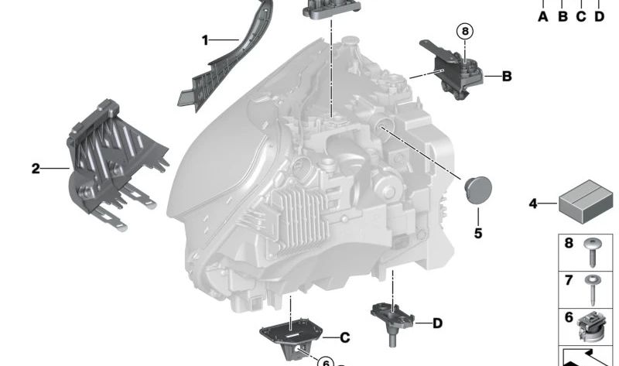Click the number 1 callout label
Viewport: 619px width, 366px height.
(x=205, y=39)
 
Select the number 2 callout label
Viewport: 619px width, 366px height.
(x=36, y=168)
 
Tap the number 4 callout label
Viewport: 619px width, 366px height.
(x=532, y=204)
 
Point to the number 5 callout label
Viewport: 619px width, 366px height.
(x=477, y=232)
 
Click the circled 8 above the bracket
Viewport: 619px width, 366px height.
(x=464, y=32)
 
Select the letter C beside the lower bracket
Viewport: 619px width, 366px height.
(x=345, y=337)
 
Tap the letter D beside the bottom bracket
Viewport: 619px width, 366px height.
(x=437, y=323)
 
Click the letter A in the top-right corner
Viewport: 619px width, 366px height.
(x=543, y=16)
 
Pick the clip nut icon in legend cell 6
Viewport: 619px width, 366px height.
(x=591, y=327)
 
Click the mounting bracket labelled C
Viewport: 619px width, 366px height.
(x=290, y=335)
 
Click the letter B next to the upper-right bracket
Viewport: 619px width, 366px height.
(x=507, y=76)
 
